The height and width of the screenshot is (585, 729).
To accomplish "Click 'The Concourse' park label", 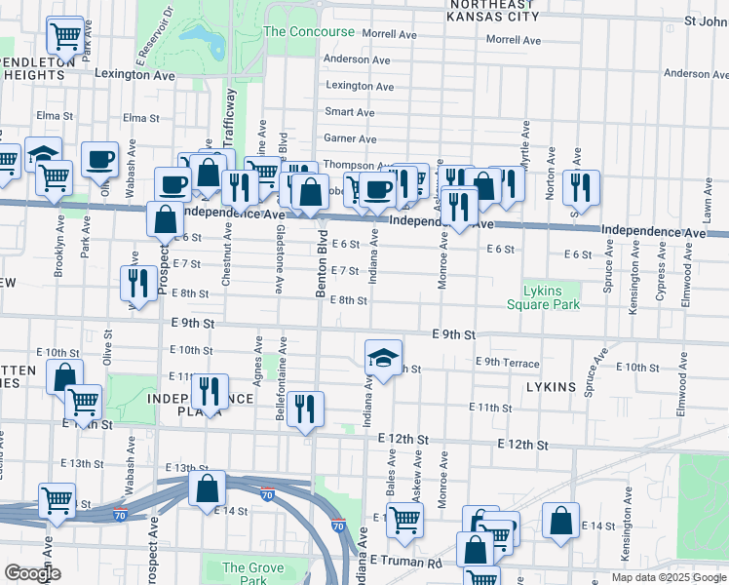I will [x=309, y=31].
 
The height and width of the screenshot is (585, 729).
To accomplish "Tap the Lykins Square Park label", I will [x=543, y=296].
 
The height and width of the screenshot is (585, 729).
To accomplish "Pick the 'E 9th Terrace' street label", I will [x=507, y=363].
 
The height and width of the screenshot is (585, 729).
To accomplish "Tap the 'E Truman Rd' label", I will [x=406, y=562].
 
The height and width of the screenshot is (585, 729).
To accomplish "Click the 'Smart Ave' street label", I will [x=350, y=112].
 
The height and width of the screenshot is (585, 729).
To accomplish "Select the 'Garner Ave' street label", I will [x=350, y=139].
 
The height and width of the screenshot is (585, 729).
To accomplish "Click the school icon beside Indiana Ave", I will [x=384, y=358].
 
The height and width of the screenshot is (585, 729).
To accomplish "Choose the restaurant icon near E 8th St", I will [x=137, y=283].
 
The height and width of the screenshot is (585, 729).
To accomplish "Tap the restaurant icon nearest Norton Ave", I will [x=581, y=186].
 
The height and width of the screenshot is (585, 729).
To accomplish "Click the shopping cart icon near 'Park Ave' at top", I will [x=65, y=36].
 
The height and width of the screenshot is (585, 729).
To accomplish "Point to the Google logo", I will [x=32, y=573].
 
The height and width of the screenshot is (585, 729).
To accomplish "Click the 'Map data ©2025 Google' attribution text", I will [x=668, y=577].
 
